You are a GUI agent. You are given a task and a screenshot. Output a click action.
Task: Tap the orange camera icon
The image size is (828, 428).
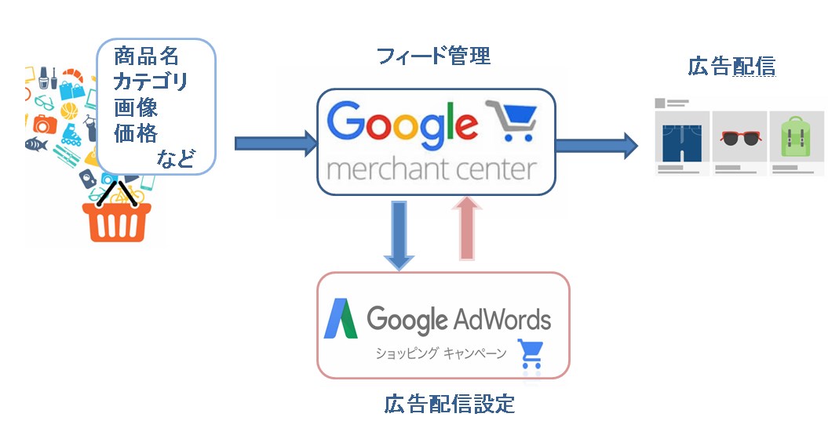click(x=45, y=124)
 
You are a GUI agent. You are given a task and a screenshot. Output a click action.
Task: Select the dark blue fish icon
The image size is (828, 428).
click(x=36, y=143)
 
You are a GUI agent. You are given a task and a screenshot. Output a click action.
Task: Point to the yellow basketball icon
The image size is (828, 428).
click(x=69, y=111)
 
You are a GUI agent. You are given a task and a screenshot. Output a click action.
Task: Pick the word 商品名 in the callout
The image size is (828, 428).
click(x=146, y=56)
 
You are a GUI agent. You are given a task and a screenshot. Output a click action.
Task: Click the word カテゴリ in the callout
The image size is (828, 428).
click(x=151, y=82)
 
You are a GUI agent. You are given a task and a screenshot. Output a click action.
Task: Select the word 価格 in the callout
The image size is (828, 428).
click(x=136, y=132)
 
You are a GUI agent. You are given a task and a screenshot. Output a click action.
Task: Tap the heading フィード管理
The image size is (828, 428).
click(x=434, y=56)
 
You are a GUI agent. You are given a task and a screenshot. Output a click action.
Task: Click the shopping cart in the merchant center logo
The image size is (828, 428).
click(x=511, y=120)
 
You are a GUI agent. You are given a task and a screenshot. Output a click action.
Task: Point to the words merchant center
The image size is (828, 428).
click(x=432, y=169)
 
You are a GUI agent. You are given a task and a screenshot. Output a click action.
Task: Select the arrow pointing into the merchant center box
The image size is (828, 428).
click(x=275, y=143)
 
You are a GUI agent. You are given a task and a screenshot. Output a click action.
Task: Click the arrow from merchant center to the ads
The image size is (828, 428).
click(x=596, y=145)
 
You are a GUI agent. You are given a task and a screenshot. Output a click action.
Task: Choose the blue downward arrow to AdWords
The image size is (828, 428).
click(x=399, y=235)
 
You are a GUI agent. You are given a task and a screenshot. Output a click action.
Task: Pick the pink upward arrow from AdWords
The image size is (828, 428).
click(x=467, y=228)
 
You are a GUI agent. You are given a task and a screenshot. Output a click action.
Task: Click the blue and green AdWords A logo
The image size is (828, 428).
click(x=341, y=318)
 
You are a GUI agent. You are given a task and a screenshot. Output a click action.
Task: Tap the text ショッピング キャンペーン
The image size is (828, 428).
click(x=440, y=353)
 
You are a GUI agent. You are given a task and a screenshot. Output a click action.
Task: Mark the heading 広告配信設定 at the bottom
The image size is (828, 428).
click(x=450, y=404)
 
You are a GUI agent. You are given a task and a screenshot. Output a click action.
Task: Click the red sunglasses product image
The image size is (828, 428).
click(x=741, y=138)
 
